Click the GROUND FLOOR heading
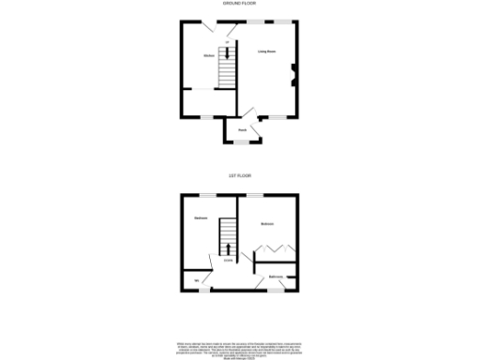(239, 5)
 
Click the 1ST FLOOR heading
(239, 175)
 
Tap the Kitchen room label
(209, 56)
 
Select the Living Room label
(266, 52)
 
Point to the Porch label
(242, 129)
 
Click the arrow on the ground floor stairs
(225, 53)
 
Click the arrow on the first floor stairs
(229, 249)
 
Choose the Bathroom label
(276, 277)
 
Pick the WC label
(197, 279)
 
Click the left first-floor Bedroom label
(201, 218)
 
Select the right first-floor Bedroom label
(267, 223)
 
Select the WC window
(200, 291)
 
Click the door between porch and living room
(258, 119)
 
